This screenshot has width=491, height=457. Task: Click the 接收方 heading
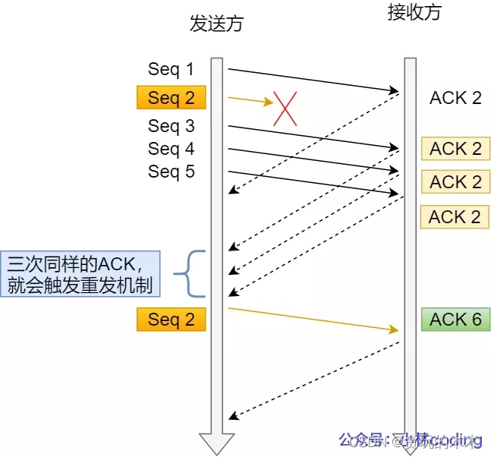tap(413, 12)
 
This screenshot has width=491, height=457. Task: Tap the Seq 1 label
tap(171, 69)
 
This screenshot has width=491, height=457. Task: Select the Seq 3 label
tap(171, 125)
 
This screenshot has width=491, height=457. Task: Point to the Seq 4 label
tap(171, 148)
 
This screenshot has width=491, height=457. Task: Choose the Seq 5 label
tap(171, 172)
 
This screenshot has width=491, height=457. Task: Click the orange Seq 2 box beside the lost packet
tap(172, 98)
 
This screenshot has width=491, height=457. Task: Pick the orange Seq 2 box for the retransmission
tap(172, 320)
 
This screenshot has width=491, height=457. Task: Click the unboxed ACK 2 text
tap(455, 98)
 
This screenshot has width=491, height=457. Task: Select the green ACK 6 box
tap(455, 320)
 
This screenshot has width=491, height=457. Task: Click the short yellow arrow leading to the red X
tap(250, 99)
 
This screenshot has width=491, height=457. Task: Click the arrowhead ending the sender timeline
tap(216, 443)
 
